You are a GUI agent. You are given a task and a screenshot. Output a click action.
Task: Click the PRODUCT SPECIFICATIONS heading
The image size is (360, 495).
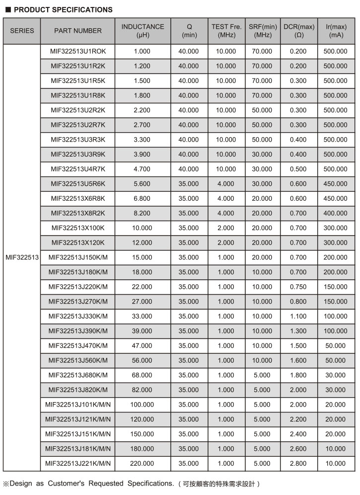tap(63, 9)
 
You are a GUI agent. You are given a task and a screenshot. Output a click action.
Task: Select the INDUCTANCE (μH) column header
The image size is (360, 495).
tap(143, 31)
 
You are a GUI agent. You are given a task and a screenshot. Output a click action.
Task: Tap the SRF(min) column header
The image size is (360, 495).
tap(263, 31)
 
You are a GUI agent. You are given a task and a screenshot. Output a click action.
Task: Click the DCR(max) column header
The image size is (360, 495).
tap(299, 31)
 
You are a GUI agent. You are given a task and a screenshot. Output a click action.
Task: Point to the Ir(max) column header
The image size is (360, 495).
tap(336, 31)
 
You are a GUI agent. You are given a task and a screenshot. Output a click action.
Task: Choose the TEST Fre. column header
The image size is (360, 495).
tap(226, 31)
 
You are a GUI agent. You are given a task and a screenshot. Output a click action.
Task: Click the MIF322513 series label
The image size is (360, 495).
tap(22, 257)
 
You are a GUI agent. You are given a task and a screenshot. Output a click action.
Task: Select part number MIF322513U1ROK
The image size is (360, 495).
tap(78, 51)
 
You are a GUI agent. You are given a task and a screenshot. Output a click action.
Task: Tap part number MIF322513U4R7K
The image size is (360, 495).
tap(78, 169)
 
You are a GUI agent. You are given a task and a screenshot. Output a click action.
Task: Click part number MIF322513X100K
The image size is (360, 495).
tap(78, 228)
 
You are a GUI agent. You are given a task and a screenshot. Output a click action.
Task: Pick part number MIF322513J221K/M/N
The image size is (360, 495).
tap(78, 464)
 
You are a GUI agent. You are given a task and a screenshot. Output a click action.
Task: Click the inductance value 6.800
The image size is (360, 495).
tap(142, 199)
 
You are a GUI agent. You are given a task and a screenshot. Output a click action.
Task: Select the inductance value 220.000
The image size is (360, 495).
tap(142, 464)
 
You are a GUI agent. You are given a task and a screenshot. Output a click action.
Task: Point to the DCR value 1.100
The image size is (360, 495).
tap(299, 317)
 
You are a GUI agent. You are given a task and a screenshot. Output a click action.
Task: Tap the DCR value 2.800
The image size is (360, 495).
tap(299, 464)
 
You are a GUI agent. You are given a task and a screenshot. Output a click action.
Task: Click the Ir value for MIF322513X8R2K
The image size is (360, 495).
tap(336, 213)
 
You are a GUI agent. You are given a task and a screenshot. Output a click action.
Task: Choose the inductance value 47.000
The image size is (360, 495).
tap(142, 346)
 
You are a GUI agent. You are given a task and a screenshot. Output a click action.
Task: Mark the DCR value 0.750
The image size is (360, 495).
tap(299, 287)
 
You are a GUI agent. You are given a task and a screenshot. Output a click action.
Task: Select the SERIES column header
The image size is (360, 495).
tap(22, 31)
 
